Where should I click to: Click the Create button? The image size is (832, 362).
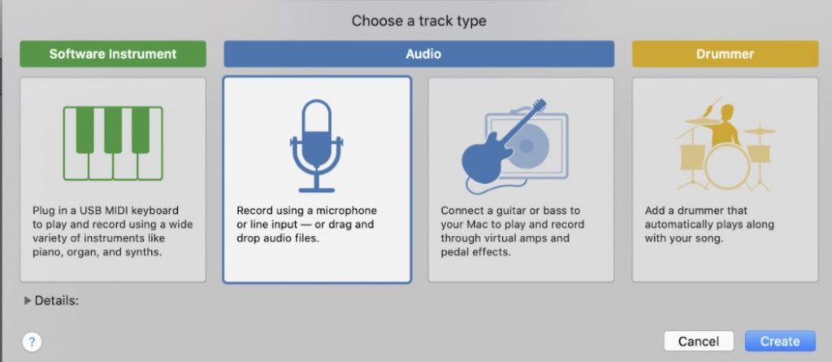[780, 341]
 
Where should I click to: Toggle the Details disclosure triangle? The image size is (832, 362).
[28, 301]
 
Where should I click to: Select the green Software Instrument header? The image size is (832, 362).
[112, 55]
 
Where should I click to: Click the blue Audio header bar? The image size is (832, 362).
[418, 55]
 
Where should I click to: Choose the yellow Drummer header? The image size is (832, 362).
[725, 55]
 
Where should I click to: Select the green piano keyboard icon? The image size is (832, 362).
[112, 142]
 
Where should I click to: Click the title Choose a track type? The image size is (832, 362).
[418, 20]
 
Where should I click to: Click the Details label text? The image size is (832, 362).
[57, 301]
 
